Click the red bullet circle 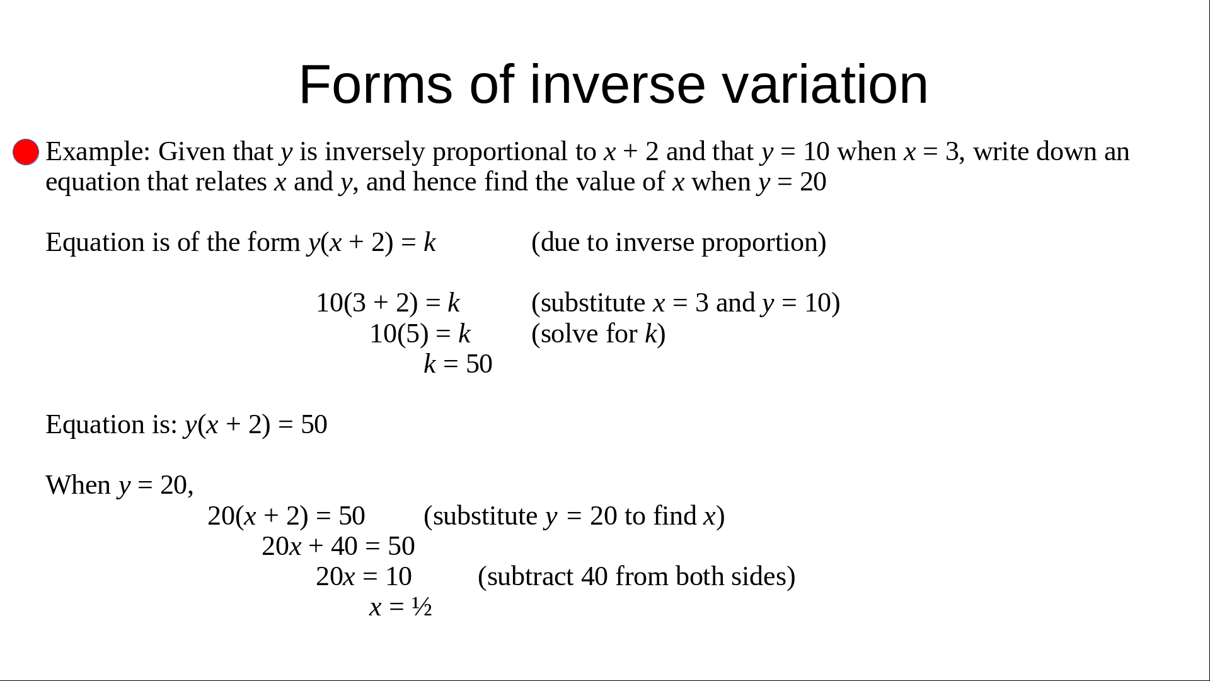click(26, 152)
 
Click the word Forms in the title click(376, 84)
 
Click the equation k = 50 click(458, 364)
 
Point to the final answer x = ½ click(401, 607)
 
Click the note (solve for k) click(599, 334)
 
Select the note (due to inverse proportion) click(679, 243)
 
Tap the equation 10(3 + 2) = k click(388, 303)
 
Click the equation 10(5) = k click(420, 334)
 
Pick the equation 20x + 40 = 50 click(338, 546)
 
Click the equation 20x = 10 click(364, 576)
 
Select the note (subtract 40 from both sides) click(637, 576)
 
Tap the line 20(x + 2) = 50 click(287, 516)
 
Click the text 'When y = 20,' click(120, 486)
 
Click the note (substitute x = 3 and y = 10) click(686, 303)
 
